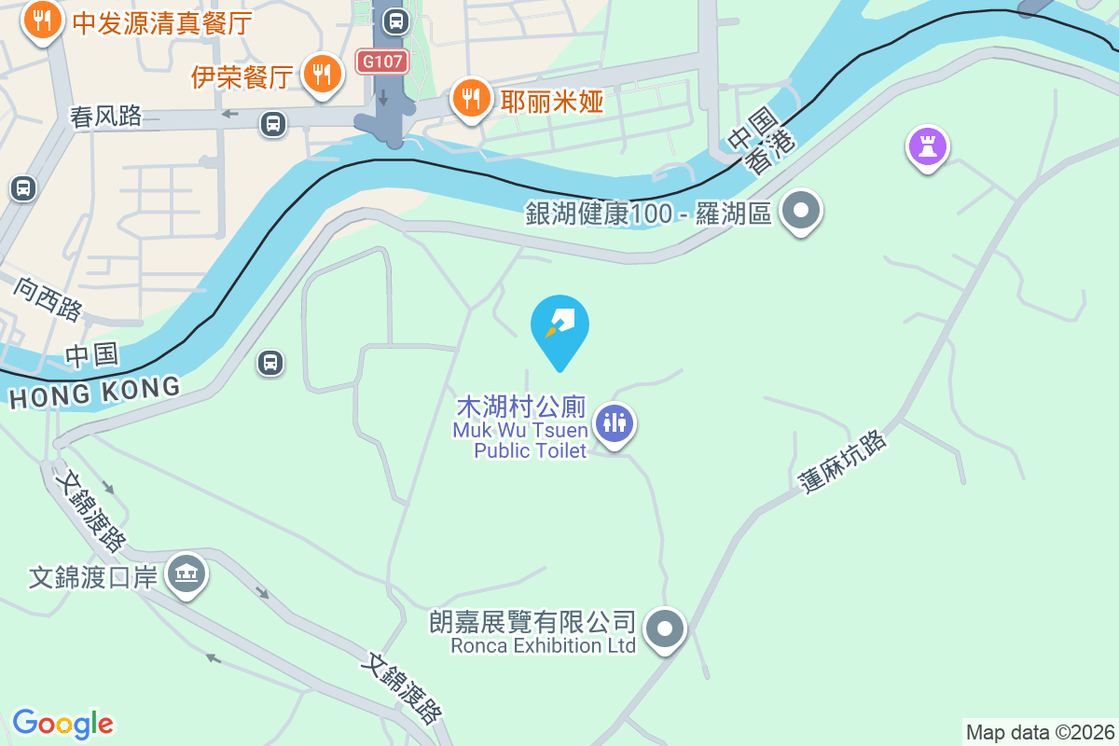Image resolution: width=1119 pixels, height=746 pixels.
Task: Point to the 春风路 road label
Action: pos(106,116)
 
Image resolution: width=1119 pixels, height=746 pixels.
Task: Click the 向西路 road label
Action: pos(48,297)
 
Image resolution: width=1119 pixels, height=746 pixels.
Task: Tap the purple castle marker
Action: pos(927,146)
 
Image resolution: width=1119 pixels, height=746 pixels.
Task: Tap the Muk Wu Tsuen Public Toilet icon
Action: pos(614,423)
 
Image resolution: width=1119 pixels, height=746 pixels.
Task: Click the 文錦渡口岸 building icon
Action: pos(186,573)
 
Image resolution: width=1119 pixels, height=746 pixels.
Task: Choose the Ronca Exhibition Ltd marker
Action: pos(664,629)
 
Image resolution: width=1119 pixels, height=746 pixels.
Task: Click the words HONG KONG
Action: pos(94,392)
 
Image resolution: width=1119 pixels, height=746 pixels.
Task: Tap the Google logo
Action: pos(62,724)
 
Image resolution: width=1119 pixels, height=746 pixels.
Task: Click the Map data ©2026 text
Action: pos(1040,732)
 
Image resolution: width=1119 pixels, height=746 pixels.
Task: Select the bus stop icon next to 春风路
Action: pos(273,123)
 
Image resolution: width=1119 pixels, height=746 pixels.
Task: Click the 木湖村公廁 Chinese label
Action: pos(520,408)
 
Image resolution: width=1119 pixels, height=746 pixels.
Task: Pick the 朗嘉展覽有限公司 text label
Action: pos(532,622)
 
